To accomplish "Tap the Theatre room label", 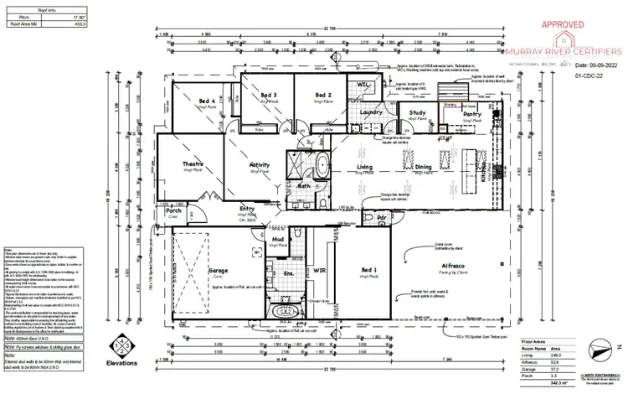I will click(x=193, y=164).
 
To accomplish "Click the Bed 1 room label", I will click(x=369, y=270).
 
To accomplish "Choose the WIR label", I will click(x=318, y=272).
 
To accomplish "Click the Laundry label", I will click(x=369, y=111).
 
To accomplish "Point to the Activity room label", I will click(x=260, y=166).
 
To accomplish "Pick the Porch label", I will click(x=174, y=210).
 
